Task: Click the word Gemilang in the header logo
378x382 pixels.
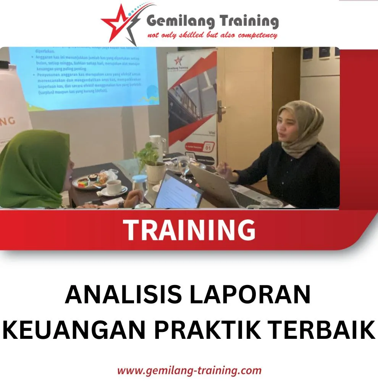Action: tap(180, 21)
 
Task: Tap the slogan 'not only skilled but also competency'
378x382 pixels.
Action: tap(212, 36)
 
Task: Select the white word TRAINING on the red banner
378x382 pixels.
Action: tap(189, 230)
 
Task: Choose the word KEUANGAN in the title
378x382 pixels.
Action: tap(74, 330)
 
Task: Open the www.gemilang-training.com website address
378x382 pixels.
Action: tap(189, 370)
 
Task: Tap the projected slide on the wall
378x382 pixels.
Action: tap(84, 76)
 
